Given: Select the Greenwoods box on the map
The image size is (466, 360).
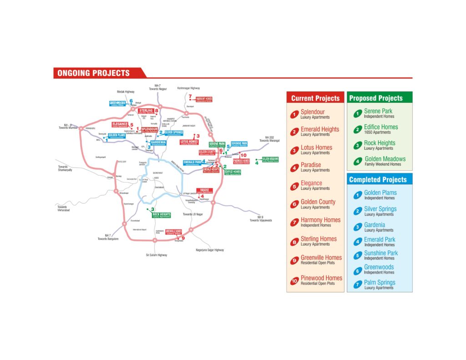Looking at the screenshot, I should click(117, 103).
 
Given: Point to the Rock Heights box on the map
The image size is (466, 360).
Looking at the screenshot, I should click(162, 215).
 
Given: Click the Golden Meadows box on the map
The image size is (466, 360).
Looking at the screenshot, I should click(270, 159).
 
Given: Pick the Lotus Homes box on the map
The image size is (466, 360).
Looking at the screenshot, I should click(189, 142).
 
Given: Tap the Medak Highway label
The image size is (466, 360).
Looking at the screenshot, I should click(126, 91).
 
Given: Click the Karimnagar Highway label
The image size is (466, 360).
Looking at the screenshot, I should click(188, 88).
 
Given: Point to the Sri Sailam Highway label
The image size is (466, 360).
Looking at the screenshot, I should click(157, 255).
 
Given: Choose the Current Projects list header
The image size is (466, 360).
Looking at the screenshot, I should click(315, 98).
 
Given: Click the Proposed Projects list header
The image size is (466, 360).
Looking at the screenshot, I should click(375, 98).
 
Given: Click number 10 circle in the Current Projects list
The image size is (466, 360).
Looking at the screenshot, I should click(294, 281).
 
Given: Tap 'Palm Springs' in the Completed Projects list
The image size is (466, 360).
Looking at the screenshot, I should click(380, 282).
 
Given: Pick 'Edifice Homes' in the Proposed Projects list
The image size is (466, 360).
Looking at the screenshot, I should click(380, 127).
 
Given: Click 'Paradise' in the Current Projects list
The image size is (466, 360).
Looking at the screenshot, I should click(311, 165).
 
